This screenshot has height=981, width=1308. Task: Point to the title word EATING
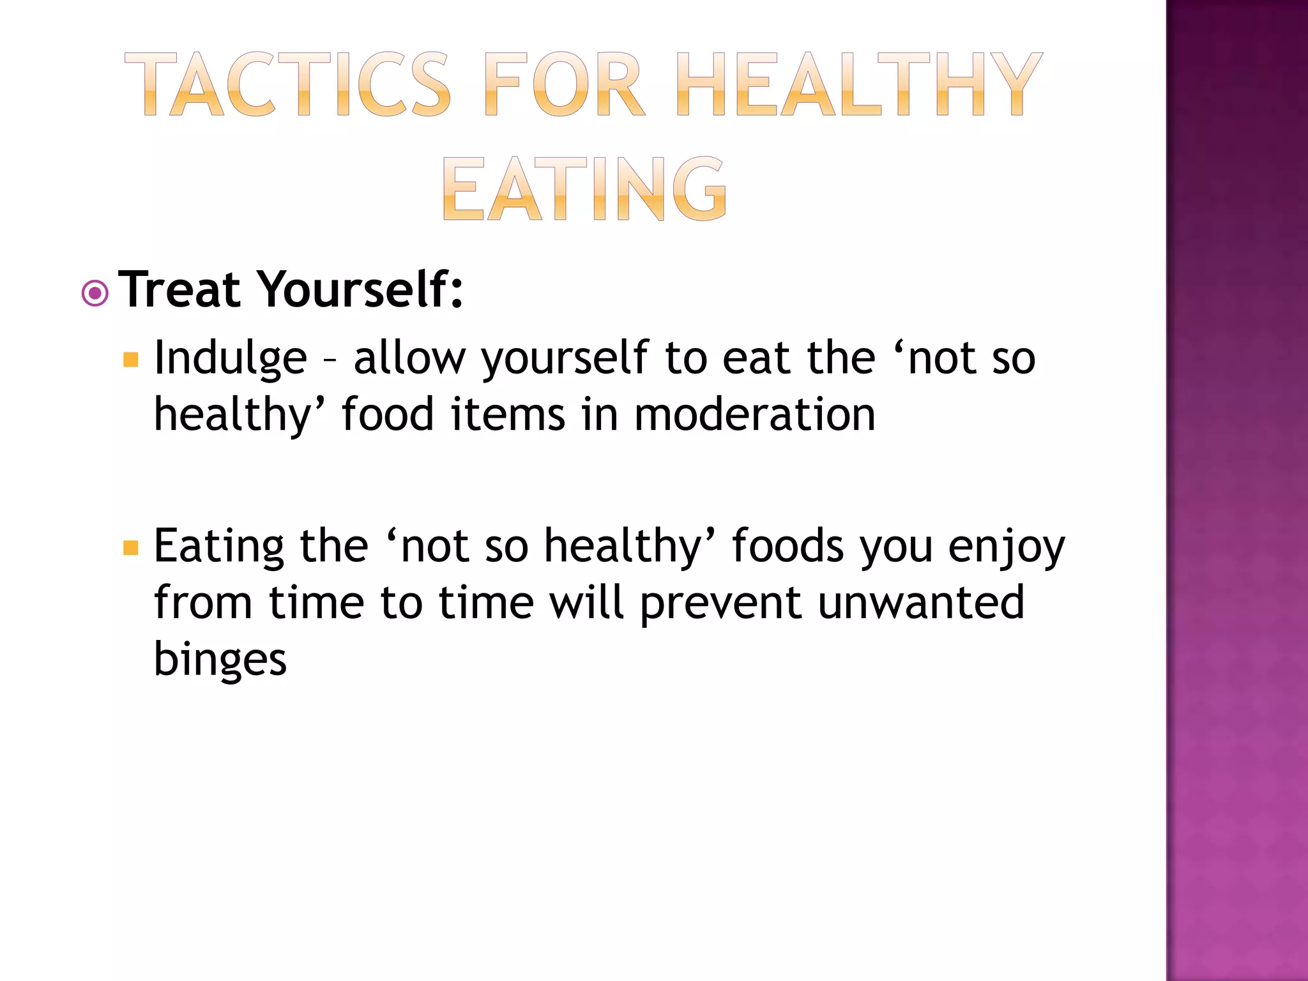[584, 189]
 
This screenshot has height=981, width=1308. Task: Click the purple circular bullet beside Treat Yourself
[95, 294]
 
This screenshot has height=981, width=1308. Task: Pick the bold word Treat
[180, 290]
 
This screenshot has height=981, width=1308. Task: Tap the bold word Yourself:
[360, 290]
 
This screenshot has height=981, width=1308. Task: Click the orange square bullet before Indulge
[131, 360]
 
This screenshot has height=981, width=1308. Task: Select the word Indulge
[231, 359]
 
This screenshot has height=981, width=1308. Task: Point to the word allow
[409, 358]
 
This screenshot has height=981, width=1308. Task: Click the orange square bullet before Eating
[131, 548]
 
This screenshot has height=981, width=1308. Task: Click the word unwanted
[921, 603]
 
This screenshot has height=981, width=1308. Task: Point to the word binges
[220, 660]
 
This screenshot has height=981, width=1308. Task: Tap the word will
[586, 603]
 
